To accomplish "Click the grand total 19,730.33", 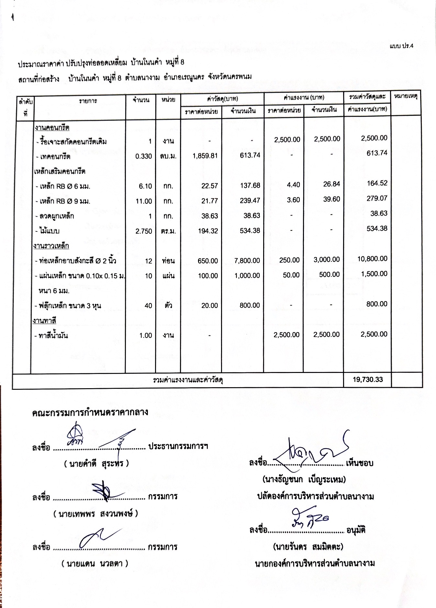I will (368, 379).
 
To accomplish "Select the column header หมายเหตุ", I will (406, 96).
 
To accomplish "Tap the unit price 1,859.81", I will (205, 156).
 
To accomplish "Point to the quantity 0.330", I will (144, 156).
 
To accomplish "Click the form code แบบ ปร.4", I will (402, 46).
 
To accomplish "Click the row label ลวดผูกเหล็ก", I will (56, 216).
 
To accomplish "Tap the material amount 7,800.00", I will (247, 261).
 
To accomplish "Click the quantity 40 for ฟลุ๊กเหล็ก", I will (148, 306).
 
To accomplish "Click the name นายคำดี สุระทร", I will (96, 464).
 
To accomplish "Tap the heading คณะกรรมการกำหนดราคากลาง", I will (90, 412).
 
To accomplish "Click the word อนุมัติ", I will (356, 530).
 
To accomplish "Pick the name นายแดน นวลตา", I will (95, 564).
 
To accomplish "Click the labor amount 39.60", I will (331, 199).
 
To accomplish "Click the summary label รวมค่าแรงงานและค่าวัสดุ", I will (188, 380).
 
